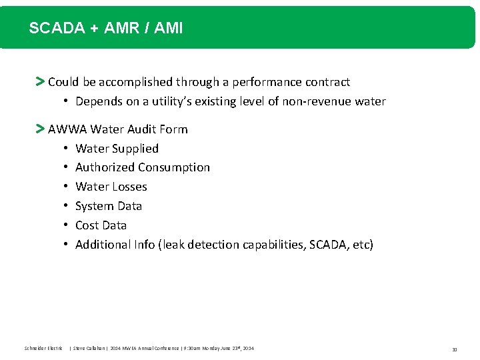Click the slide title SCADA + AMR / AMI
click(x=105, y=28)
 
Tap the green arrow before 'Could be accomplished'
click(x=40, y=82)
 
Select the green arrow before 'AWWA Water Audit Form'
click(x=40, y=129)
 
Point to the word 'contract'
click(x=327, y=82)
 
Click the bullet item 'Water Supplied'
click(x=117, y=148)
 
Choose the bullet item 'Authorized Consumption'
click(x=142, y=167)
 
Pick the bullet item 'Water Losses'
click(x=111, y=187)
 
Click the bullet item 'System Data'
click(x=108, y=206)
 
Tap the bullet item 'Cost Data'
click(x=101, y=225)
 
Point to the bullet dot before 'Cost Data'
click(x=67, y=225)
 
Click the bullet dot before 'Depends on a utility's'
click(x=67, y=101)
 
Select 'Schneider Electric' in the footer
click(x=43, y=349)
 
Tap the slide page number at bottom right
click(x=454, y=349)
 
